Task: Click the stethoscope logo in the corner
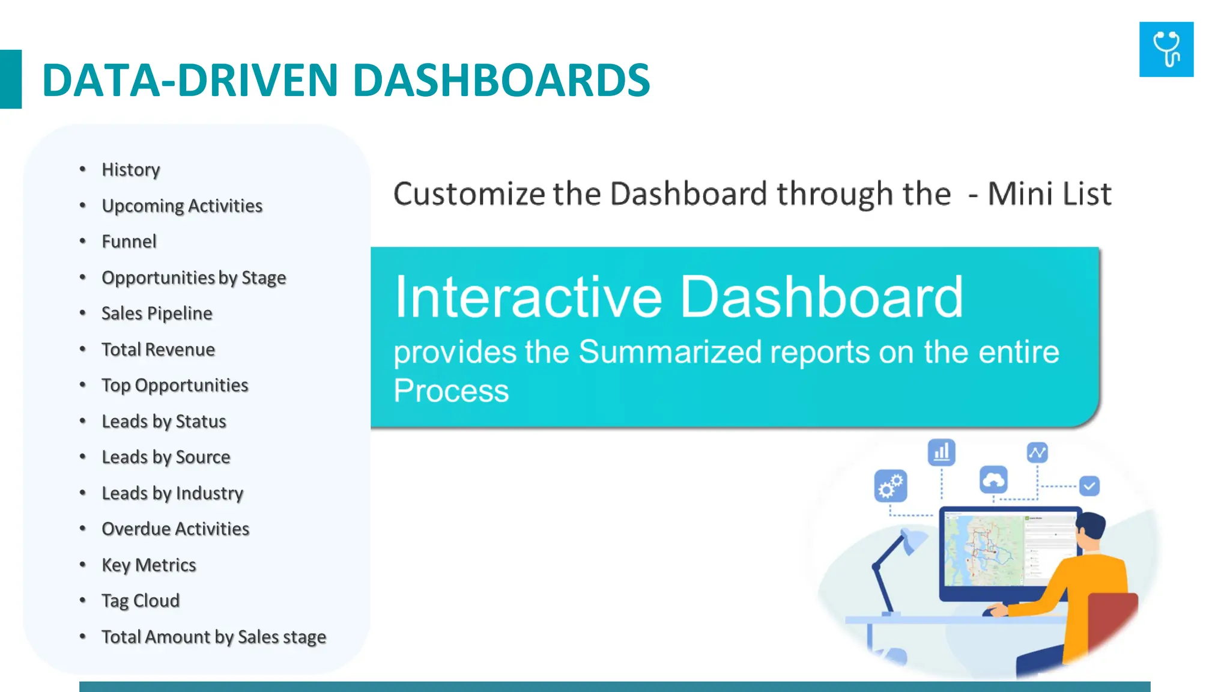[x=1166, y=49]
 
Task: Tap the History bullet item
[x=131, y=169]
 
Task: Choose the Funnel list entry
[x=129, y=241]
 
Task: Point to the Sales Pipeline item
[x=157, y=313]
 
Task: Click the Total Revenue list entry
[x=158, y=349]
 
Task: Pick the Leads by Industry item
[x=172, y=493]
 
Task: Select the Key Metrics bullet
[x=149, y=565]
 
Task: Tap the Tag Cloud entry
[x=141, y=601]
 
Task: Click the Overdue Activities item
[x=175, y=529]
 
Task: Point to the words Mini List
[x=1049, y=194]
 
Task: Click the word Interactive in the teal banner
[x=528, y=297]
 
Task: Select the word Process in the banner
[x=451, y=390]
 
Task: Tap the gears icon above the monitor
[x=890, y=485]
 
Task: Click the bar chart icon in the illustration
[x=941, y=452]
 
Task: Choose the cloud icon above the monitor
[x=993, y=479]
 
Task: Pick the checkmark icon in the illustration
[x=1089, y=485]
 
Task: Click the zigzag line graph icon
[x=1037, y=452]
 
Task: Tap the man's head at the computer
[x=1091, y=529]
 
